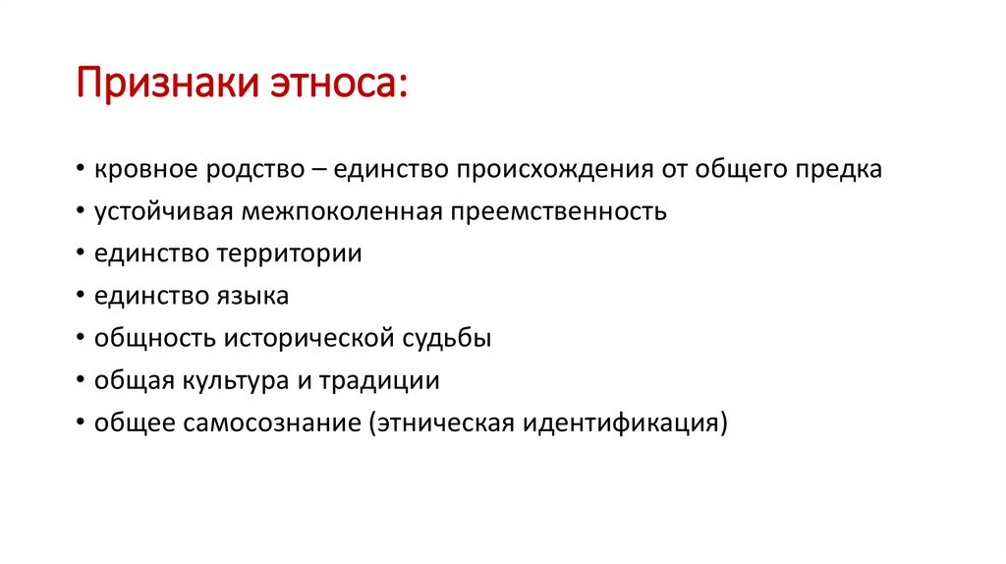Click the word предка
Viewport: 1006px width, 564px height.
[838, 169]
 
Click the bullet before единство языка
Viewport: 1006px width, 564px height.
[78, 296]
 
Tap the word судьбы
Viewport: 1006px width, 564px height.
[447, 338]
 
